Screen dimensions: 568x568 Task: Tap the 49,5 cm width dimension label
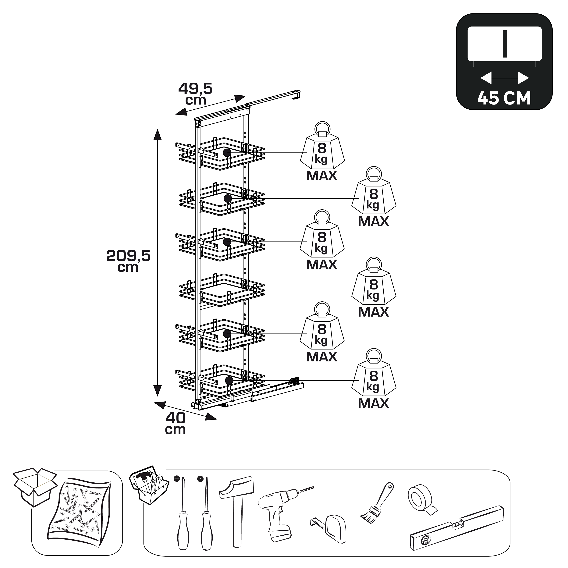pyautogui.click(x=195, y=94)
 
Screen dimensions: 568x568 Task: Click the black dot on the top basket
pyautogui.click(x=227, y=153)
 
